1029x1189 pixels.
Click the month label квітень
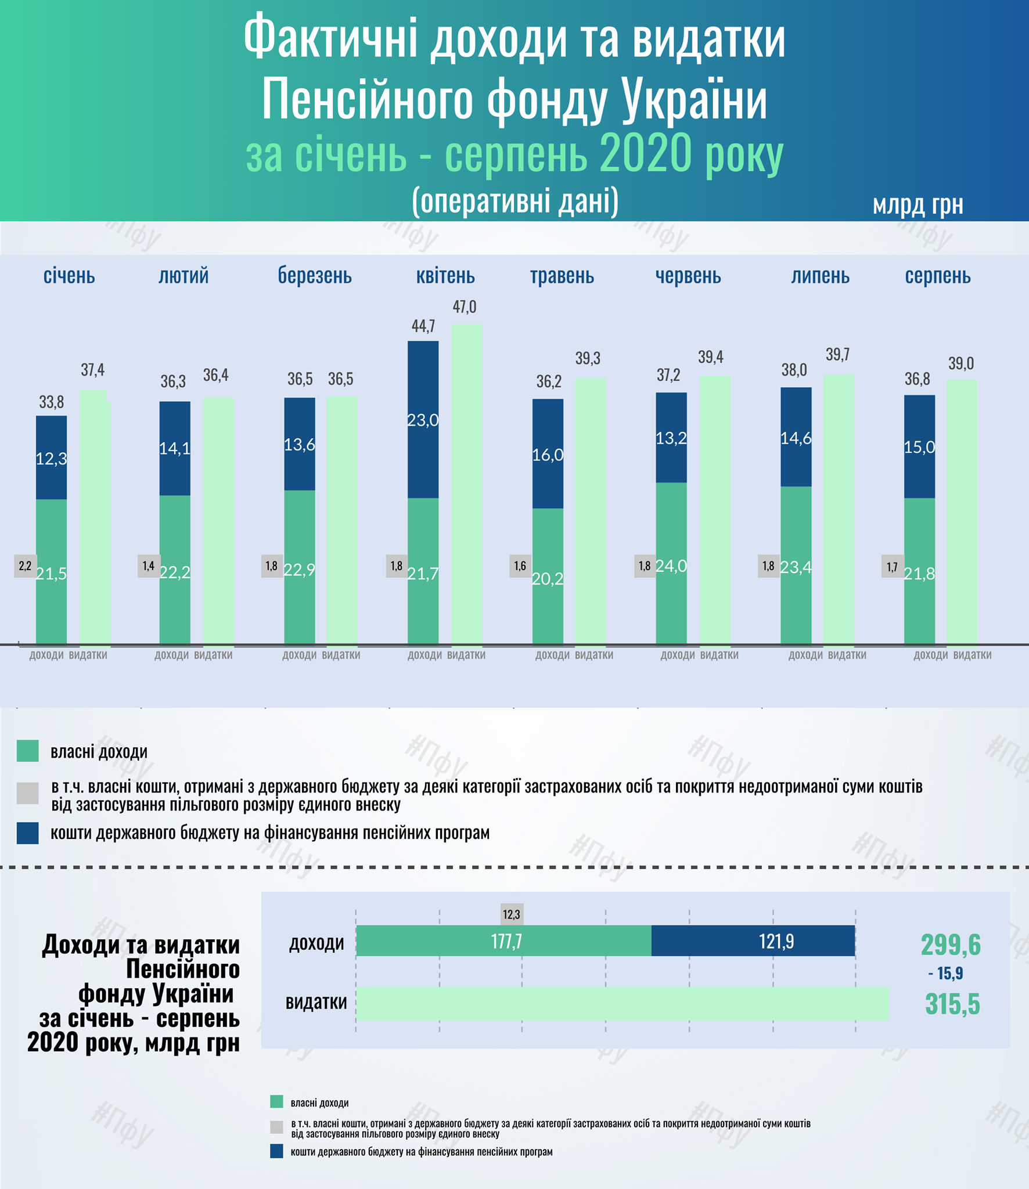click(x=445, y=276)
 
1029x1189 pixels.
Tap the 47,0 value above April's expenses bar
click(x=464, y=307)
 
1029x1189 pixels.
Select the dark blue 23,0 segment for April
click(x=423, y=419)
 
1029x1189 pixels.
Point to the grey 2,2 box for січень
click(x=25, y=565)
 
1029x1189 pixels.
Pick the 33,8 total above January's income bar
click(x=51, y=402)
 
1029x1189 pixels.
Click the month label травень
click(x=562, y=276)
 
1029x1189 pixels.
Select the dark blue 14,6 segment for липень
click(x=796, y=438)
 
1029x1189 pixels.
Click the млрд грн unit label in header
click(x=918, y=204)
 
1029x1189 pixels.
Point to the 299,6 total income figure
click(x=950, y=945)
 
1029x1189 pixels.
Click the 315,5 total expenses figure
click(x=952, y=1004)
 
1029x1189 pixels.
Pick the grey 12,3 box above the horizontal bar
click(x=511, y=914)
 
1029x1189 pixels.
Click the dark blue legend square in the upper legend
click(x=28, y=833)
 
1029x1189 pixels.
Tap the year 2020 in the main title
click(x=645, y=154)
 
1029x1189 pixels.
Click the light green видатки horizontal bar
click(x=622, y=1003)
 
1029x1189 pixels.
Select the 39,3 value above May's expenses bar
click(x=588, y=358)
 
